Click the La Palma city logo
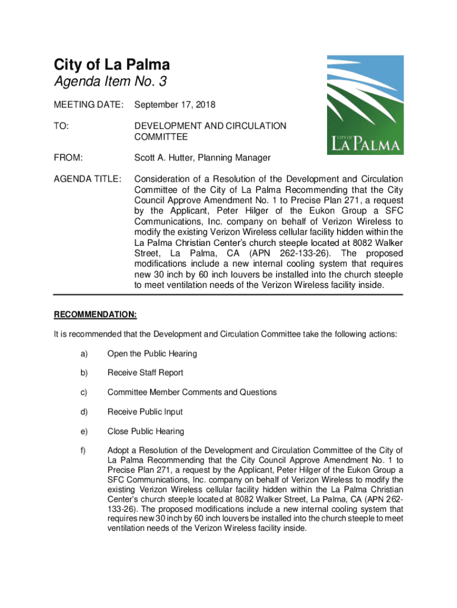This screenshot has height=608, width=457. [x=366, y=105]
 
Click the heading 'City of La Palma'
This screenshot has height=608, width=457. [x=112, y=65]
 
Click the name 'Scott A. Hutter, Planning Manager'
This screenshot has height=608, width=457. [x=202, y=158]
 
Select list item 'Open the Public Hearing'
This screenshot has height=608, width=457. [x=152, y=354]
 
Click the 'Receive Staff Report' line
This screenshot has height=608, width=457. [x=145, y=373]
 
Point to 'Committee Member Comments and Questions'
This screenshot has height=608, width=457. [x=192, y=392]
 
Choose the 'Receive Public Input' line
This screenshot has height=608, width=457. [x=145, y=412]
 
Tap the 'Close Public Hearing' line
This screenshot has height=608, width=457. [x=146, y=432]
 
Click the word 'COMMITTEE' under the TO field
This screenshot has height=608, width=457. [x=161, y=137]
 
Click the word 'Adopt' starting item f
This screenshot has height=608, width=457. [x=118, y=451]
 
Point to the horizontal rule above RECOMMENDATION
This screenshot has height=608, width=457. [x=228, y=295]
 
